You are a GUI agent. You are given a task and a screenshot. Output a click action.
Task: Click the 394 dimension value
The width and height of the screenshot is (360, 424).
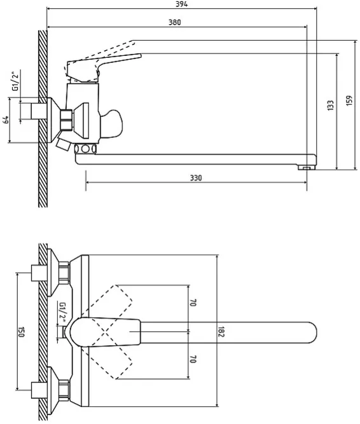[181, 4]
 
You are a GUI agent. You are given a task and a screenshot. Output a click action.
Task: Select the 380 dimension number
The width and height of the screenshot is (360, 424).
[175, 22]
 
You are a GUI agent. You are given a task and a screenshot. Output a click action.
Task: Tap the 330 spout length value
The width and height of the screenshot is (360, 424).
[195, 177]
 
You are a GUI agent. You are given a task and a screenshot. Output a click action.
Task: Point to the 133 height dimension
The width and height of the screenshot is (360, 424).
[330, 105]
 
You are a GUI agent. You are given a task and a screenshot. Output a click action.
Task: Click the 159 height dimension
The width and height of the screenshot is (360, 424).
[349, 100]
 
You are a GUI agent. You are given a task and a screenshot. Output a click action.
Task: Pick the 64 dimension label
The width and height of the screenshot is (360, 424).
[6, 120]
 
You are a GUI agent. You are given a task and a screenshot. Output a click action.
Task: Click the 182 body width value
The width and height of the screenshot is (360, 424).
[221, 332]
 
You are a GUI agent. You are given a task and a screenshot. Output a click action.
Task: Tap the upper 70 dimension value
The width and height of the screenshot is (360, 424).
[193, 303]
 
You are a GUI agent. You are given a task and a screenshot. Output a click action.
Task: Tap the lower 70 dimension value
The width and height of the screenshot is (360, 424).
[193, 359]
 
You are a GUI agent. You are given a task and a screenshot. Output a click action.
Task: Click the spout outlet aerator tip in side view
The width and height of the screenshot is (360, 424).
[307, 168]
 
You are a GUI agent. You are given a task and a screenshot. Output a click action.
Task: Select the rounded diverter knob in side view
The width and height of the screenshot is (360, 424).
[111, 124]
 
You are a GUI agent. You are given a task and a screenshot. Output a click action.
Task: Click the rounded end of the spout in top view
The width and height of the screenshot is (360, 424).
[313, 332]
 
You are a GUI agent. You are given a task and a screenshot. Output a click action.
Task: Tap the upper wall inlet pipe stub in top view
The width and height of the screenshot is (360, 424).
[39, 273]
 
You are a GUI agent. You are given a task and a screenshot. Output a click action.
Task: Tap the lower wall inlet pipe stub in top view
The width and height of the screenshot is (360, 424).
[39, 390]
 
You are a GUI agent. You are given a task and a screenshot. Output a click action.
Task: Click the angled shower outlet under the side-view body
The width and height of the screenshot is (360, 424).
[63, 145]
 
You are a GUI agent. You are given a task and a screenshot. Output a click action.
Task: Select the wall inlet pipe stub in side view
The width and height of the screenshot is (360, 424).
[39, 111]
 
